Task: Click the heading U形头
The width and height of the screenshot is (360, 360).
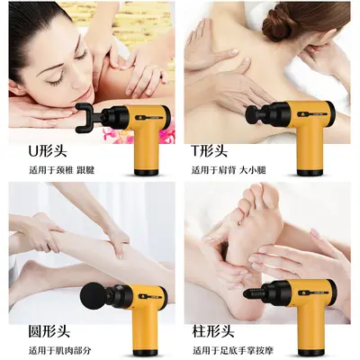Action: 48,150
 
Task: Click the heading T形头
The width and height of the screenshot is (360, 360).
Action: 210,150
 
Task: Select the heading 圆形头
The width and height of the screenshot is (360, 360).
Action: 49,331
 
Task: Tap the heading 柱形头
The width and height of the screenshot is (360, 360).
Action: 212,331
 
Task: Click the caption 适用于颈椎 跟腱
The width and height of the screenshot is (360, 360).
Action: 61,170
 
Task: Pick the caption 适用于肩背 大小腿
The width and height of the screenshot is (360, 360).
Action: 229,170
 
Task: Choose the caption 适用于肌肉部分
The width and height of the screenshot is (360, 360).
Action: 59,350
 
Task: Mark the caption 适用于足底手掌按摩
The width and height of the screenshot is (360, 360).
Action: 233,350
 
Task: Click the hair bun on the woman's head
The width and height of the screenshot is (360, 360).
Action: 278,24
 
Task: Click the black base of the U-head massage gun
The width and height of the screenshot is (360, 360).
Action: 146,173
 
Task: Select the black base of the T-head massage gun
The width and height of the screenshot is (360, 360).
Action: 310,173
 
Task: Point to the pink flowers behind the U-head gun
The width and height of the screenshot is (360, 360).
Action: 110,134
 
